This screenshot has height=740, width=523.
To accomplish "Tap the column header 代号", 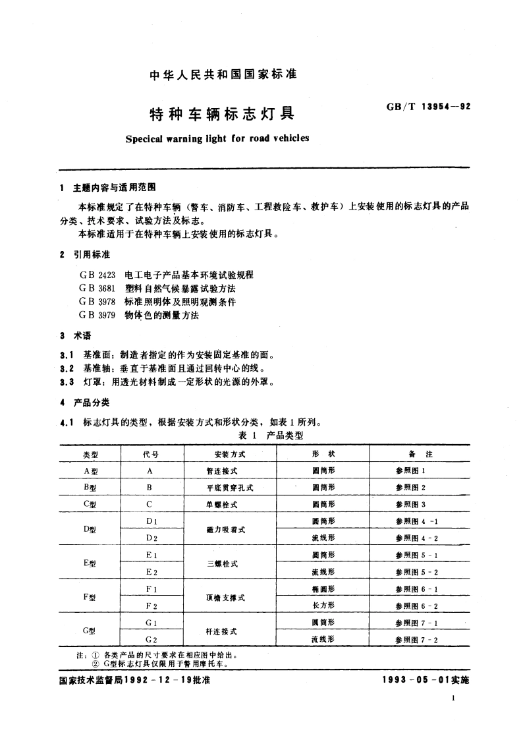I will coord(150,454).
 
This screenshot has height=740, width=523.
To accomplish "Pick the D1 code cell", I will coord(150,521).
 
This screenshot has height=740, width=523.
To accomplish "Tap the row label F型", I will coord(90,597).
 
